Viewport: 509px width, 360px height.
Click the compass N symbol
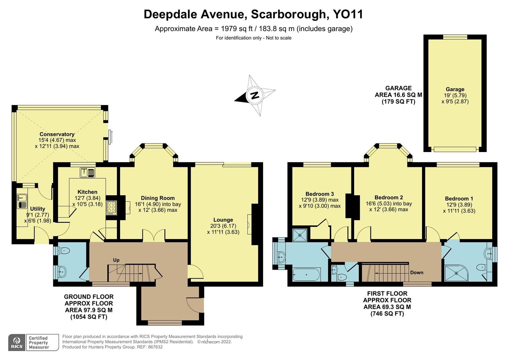click(254, 95)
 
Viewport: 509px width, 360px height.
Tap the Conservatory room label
click(57, 134)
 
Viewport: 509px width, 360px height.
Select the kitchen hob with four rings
click(111, 207)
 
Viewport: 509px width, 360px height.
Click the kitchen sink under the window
click(88, 173)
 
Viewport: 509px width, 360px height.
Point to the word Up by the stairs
click(116, 260)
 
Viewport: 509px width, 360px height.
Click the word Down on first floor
click(417, 272)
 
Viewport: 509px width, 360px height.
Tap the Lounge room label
click(223, 220)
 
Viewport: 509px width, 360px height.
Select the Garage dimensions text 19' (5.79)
click(455, 95)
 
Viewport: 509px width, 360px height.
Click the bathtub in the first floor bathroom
click(306, 275)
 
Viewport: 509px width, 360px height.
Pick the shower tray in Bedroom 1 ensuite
click(456, 274)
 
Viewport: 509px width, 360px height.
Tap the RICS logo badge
click(16, 342)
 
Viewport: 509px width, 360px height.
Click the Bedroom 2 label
click(389, 197)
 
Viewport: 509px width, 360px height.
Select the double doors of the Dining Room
click(154, 235)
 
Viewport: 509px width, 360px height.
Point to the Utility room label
click(37, 209)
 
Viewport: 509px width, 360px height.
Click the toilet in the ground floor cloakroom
click(63, 251)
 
